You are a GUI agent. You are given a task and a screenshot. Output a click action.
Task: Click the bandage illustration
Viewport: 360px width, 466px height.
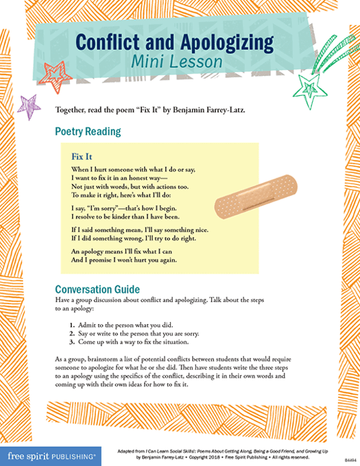tap(235, 197)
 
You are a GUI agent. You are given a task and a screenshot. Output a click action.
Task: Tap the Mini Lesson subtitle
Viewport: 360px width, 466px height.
tap(180, 62)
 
